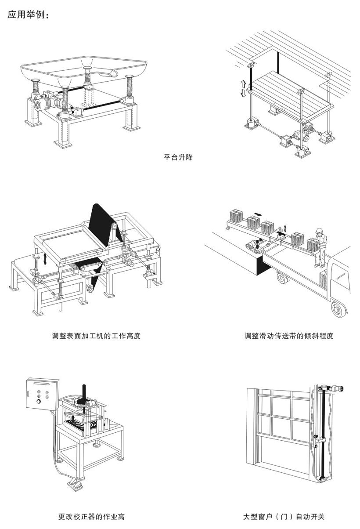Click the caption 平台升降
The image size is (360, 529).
point(178,157)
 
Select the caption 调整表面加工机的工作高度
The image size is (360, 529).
point(96,336)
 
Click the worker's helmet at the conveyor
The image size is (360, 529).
point(319,230)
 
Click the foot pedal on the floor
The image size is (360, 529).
point(76,485)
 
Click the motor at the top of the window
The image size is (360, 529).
point(337,388)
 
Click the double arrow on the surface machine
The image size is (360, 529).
point(45,258)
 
